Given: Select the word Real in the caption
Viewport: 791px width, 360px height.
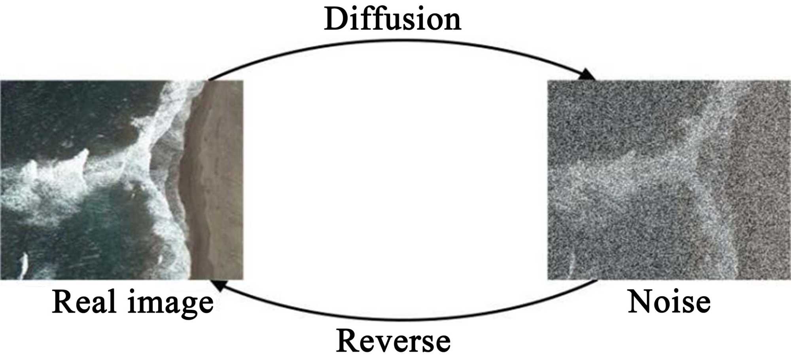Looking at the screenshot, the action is [85, 301].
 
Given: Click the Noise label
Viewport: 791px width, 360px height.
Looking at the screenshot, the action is [669, 301].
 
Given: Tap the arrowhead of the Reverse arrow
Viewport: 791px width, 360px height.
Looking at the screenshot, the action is [217, 284].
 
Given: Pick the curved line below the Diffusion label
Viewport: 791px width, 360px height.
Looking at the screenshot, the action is [395, 40].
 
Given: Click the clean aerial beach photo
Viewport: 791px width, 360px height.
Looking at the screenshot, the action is [121, 180].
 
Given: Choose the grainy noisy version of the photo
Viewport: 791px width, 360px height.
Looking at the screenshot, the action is [669, 180].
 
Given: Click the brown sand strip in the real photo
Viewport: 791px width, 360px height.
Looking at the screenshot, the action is [216, 180].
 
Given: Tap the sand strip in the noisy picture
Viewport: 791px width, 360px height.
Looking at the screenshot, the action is [761, 180].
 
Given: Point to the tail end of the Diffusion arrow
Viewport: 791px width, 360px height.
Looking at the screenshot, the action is [209, 80].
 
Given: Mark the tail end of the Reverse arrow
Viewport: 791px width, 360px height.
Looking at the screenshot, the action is [596, 280].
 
